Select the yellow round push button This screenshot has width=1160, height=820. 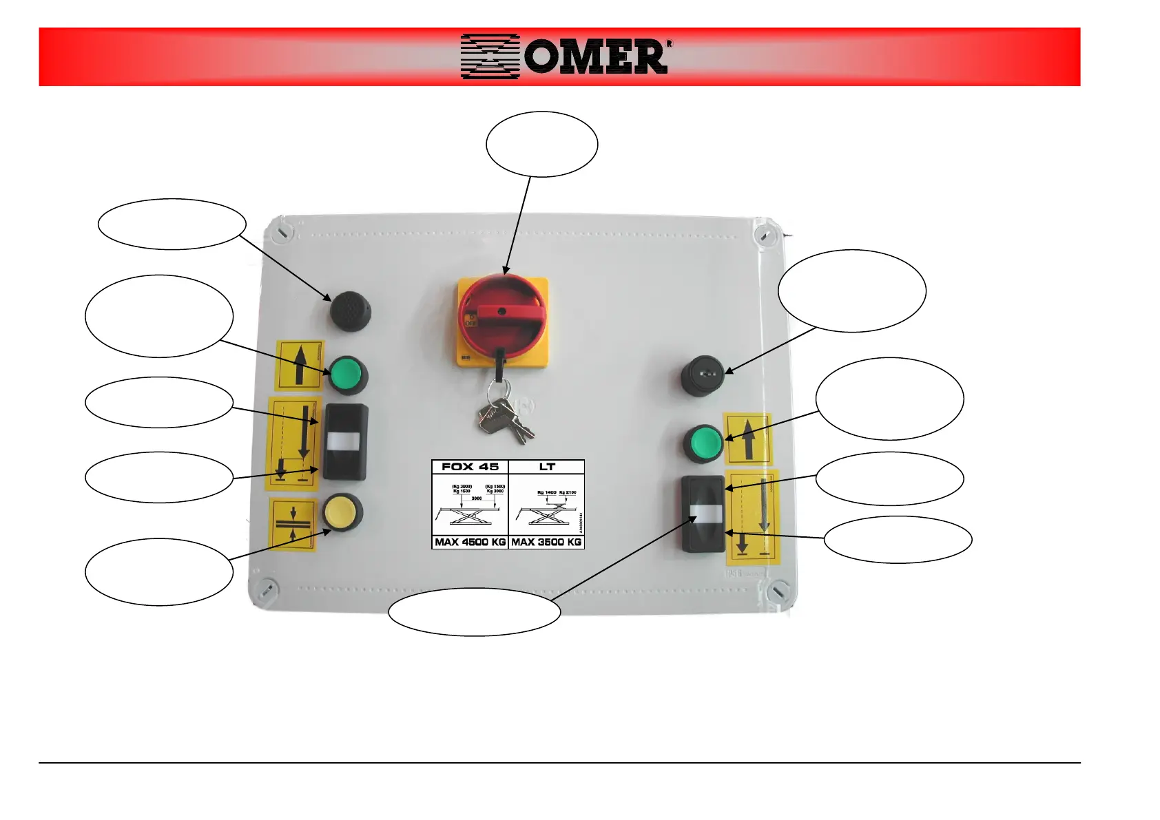[341, 512]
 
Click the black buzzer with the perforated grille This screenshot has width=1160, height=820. [349, 311]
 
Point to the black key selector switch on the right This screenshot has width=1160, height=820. [702, 375]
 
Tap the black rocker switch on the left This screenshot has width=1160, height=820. [345, 441]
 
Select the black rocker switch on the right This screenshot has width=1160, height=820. [703, 513]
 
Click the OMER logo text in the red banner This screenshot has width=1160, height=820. [595, 56]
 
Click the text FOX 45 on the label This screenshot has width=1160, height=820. [470, 467]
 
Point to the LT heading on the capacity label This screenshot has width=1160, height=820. [547, 467]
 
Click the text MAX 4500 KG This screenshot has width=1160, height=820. [470, 542]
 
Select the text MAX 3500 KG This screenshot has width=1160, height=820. [546, 542]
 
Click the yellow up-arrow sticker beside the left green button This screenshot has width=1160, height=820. [300, 365]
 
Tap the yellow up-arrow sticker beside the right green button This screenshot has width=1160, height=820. [747, 439]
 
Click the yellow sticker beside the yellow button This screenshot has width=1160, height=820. [293, 524]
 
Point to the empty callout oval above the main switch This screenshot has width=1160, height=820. [541, 144]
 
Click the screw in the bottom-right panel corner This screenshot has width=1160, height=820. [778, 591]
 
